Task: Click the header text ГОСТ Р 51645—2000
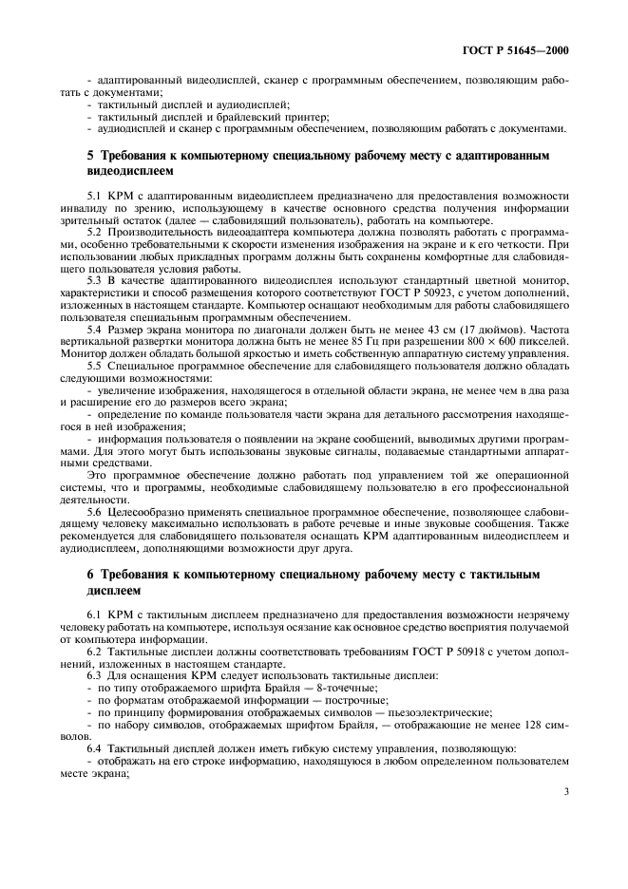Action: tap(523, 49)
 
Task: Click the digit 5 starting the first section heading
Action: tap(90, 153)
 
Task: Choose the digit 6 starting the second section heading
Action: tap(90, 576)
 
